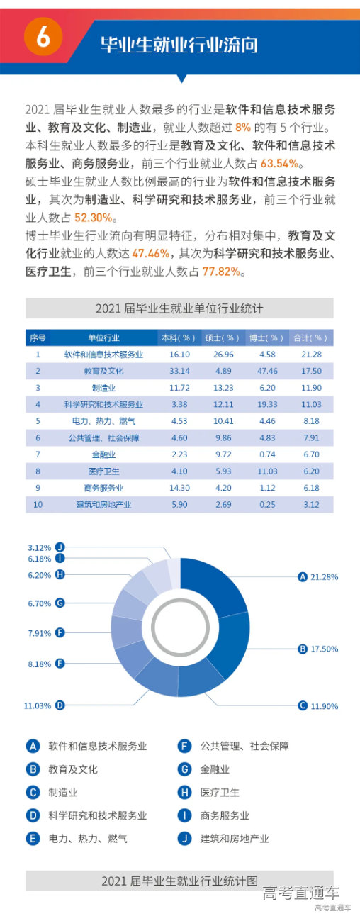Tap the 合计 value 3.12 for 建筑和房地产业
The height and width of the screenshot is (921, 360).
pyautogui.click(x=311, y=504)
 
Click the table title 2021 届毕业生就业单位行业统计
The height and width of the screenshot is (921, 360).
pyautogui.click(x=179, y=309)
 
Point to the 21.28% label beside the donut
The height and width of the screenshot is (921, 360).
pyautogui.click(x=323, y=577)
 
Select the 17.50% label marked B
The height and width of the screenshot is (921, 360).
pyautogui.click(x=323, y=649)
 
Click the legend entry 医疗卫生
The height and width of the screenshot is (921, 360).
pyautogui.click(x=220, y=792)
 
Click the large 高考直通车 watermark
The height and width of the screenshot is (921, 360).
pyautogui.click(x=300, y=893)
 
